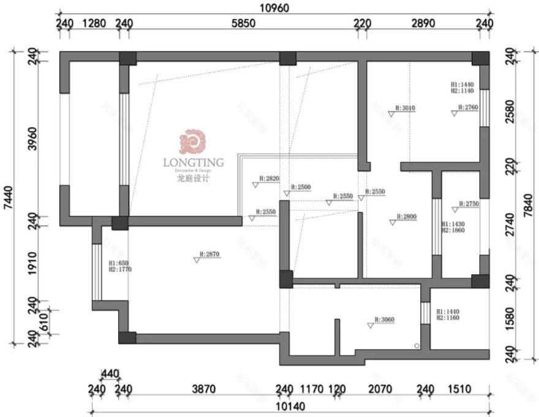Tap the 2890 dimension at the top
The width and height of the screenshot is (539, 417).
pos(423,24)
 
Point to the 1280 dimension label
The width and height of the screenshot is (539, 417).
pos(94,24)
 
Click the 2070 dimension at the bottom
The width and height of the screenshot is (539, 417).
pos(380,389)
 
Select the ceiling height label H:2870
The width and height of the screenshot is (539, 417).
pos(209,253)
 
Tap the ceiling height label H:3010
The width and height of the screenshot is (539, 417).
pos(405,107)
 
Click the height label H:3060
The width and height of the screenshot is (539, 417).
pos(385,319)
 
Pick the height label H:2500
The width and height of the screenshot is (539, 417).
pos(301,186)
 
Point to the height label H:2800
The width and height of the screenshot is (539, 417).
pos(406,216)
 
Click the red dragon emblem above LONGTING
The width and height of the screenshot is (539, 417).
pos(191,142)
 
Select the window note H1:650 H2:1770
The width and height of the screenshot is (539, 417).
pos(119,266)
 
